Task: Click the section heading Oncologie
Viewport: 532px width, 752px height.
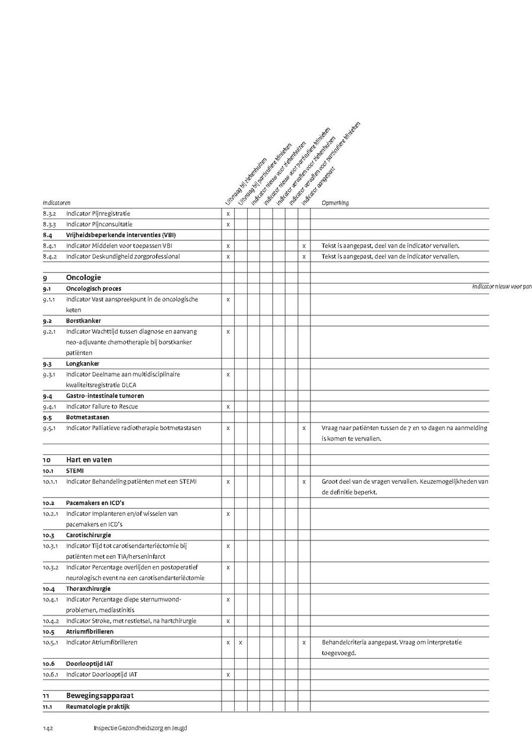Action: click(x=83, y=277)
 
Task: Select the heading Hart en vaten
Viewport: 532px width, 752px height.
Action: click(x=89, y=460)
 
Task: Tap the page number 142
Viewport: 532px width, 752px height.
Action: click(x=48, y=728)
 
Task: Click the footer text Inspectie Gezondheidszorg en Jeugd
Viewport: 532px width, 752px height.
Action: click(x=140, y=728)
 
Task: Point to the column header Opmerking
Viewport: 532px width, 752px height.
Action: click(x=335, y=203)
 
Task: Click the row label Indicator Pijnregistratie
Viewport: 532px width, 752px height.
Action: click(x=98, y=213)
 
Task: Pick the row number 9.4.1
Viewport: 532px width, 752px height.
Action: click(x=49, y=406)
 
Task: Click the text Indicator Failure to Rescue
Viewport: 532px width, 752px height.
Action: click(x=102, y=406)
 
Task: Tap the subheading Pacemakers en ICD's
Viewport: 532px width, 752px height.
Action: click(x=95, y=503)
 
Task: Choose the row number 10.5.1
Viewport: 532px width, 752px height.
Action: click(x=50, y=642)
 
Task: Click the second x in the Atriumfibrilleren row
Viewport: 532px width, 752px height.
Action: click(x=241, y=642)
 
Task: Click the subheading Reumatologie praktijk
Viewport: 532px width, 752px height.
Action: click(x=98, y=707)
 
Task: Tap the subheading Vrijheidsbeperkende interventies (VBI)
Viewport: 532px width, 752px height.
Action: click(x=121, y=235)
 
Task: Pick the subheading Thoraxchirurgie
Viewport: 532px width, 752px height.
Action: click(x=88, y=588)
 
